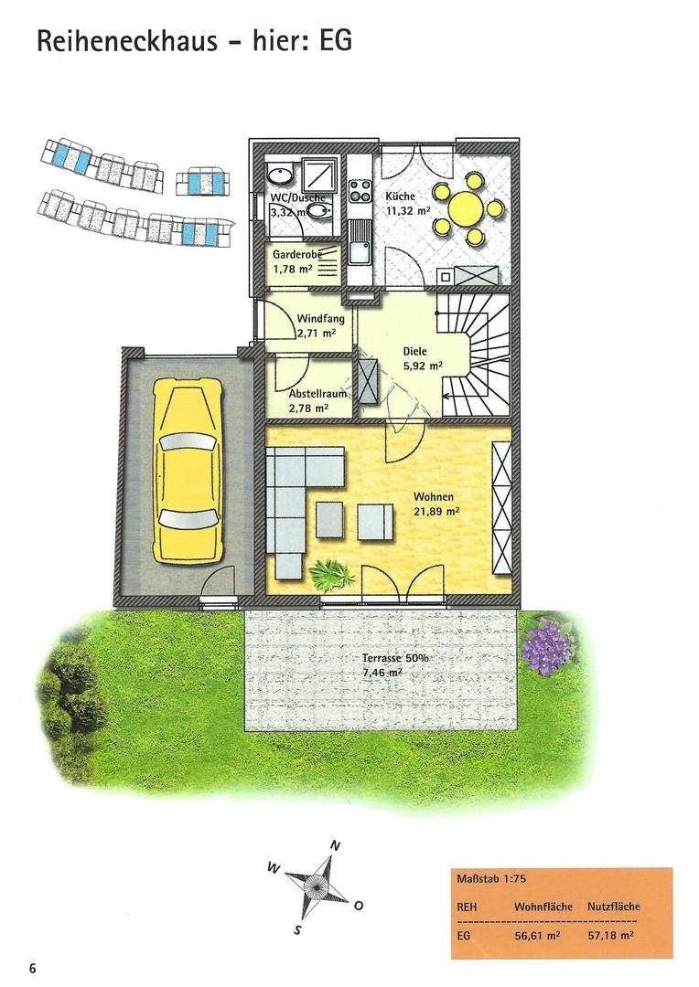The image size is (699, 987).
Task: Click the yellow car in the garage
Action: pos(188,471)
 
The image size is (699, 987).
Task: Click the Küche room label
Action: pos(400,196)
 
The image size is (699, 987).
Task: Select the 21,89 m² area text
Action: pos(436,512)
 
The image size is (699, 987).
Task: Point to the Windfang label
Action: pos(321,319)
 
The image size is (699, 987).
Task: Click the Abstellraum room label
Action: pos(317,394)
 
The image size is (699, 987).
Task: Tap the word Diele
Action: pos(414,351)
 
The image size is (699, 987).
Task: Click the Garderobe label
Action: pos(297,255)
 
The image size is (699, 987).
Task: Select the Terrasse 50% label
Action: pos(395,658)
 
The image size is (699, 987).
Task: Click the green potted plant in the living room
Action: pos(331,574)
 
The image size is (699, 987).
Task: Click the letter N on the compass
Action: pos(336,846)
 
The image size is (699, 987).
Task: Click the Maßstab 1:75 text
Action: pos(482,879)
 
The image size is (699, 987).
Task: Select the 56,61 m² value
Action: pos(537,936)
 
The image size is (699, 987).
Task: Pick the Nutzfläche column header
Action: pos(613,907)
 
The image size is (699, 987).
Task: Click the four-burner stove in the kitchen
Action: pos(360,190)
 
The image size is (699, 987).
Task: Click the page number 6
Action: pos(32,968)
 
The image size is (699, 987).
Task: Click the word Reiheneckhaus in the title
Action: pos(127,41)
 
